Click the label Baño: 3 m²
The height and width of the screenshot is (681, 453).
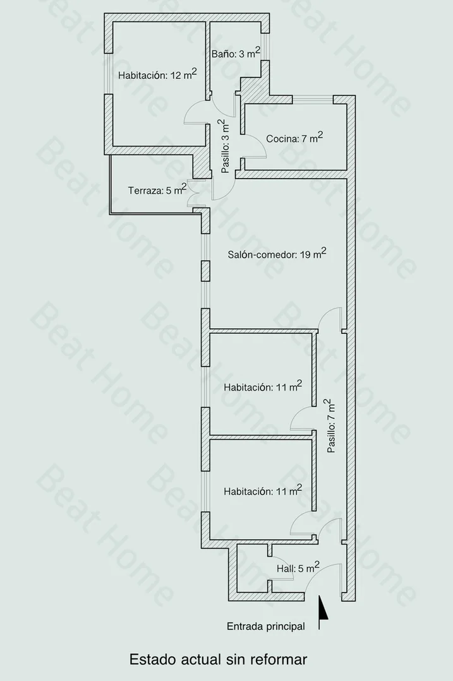[x=236, y=53]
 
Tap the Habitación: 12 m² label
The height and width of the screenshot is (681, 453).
[x=157, y=74]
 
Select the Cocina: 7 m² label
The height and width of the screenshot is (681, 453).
[x=294, y=138]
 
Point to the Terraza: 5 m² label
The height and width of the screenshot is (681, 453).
[x=157, y=190]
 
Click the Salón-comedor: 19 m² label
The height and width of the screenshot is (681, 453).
[x=277, y=254]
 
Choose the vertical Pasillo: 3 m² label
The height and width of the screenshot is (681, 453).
[x=224, y=146]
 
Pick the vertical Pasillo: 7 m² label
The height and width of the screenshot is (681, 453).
[x=331, y=426]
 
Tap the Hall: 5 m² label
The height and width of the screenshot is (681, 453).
[x=298, y=567]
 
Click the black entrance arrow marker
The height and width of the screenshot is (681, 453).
[x=323, y=612]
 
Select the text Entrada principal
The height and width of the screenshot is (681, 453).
[x=265, y=626]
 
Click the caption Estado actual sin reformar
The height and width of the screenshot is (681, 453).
[x=218, y=660]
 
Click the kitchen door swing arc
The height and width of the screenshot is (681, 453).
[x=260, y=143]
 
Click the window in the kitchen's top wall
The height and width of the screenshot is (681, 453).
[x=312, y=100]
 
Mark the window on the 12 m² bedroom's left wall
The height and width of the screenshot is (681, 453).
[x=109, y=73]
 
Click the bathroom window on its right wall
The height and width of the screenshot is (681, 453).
[x=265, y=47]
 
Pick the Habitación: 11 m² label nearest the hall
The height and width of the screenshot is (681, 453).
[x=263, y=491]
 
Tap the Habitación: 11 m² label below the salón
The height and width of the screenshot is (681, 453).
[x=263, y=386]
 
